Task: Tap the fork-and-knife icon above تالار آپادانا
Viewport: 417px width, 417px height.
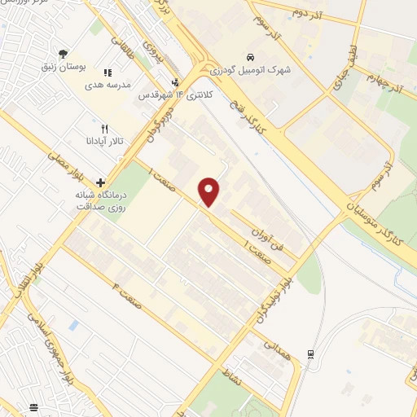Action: (x=103, y=128)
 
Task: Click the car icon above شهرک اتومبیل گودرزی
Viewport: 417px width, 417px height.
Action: (x=250, y=55)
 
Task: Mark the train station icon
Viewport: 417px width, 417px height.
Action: (x=310, y=353)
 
